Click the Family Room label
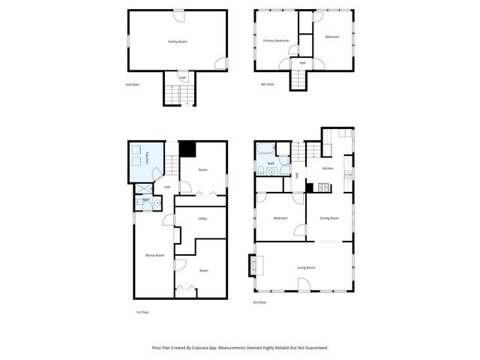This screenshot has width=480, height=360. [177, 42]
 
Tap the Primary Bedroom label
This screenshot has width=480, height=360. [276, 40]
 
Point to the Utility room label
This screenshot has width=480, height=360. [202, 218]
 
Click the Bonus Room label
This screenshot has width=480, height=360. [154, 256]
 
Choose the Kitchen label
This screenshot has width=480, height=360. [328, 168]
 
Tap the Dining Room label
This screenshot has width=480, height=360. [329, 218]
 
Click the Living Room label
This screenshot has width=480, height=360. [305, 267]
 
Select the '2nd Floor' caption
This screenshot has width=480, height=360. [132, 85]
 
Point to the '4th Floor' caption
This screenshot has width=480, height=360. [268, 85]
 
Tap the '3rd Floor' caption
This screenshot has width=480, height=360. [259, 302]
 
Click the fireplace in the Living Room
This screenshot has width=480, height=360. [253, 265]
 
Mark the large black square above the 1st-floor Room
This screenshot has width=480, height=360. [187, 149]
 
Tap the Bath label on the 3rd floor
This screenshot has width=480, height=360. [271, 163]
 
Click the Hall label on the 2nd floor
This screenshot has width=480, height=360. [182, 77]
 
